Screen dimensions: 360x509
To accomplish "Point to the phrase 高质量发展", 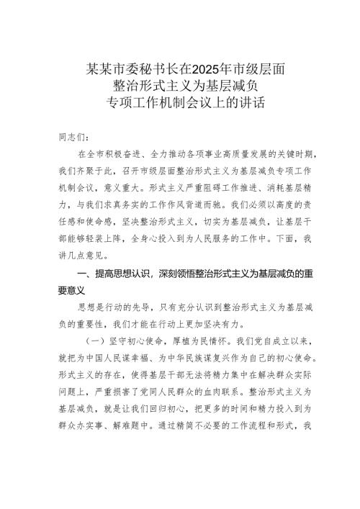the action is tap(251, 155).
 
